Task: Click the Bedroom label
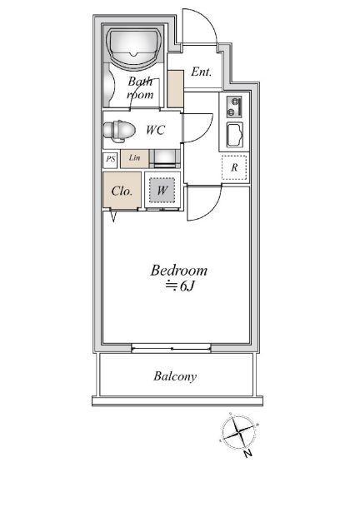(179, 271)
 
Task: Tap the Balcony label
(175, 376)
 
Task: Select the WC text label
(155, 130)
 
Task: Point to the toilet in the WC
(118, 131)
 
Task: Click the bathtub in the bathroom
(134, 46)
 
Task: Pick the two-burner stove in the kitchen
(234, 107)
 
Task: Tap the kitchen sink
(235, 135)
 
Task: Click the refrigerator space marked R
(234, 167)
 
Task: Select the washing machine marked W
(162, 190)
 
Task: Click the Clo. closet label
(122, 191)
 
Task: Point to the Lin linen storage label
(134, 157)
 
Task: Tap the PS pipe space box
(110, 160)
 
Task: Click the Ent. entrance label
(201, 72)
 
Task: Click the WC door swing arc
(206, 131)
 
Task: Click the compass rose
(238, 432)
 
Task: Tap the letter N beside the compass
(247, 453)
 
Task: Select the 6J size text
(187, 286)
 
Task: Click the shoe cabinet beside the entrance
(175, 88)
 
